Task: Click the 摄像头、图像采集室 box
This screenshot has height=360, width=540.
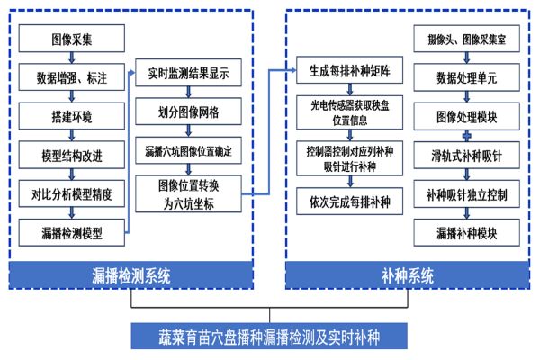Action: [465, 40]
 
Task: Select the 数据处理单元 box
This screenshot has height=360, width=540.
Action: [465, 79]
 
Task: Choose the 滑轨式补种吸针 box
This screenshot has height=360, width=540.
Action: [465, 157]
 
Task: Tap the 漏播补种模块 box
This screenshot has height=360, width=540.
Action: [465, 234]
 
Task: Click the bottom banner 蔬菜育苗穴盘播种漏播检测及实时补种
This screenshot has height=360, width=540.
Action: [268, 337]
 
